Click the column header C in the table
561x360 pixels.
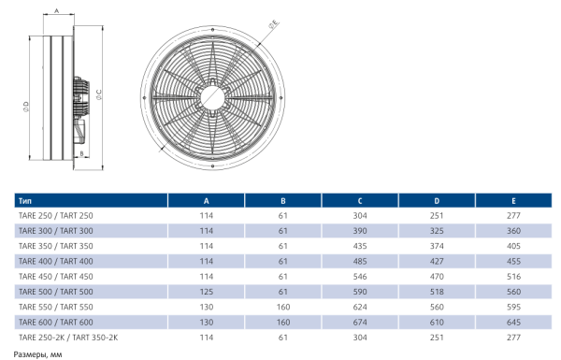coord(360,201)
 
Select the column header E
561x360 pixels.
coord(513,201)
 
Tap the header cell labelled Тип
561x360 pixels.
coord(25,201)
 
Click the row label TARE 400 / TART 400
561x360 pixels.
coord(56,261)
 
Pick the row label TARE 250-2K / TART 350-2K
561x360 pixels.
coord(68,338)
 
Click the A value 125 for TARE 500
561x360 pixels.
coord(207,292)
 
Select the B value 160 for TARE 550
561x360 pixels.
coord(283,307)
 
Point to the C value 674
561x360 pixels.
coord(360,322)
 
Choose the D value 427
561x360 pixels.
coord(437,261)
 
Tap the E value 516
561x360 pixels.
coord(513,277)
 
